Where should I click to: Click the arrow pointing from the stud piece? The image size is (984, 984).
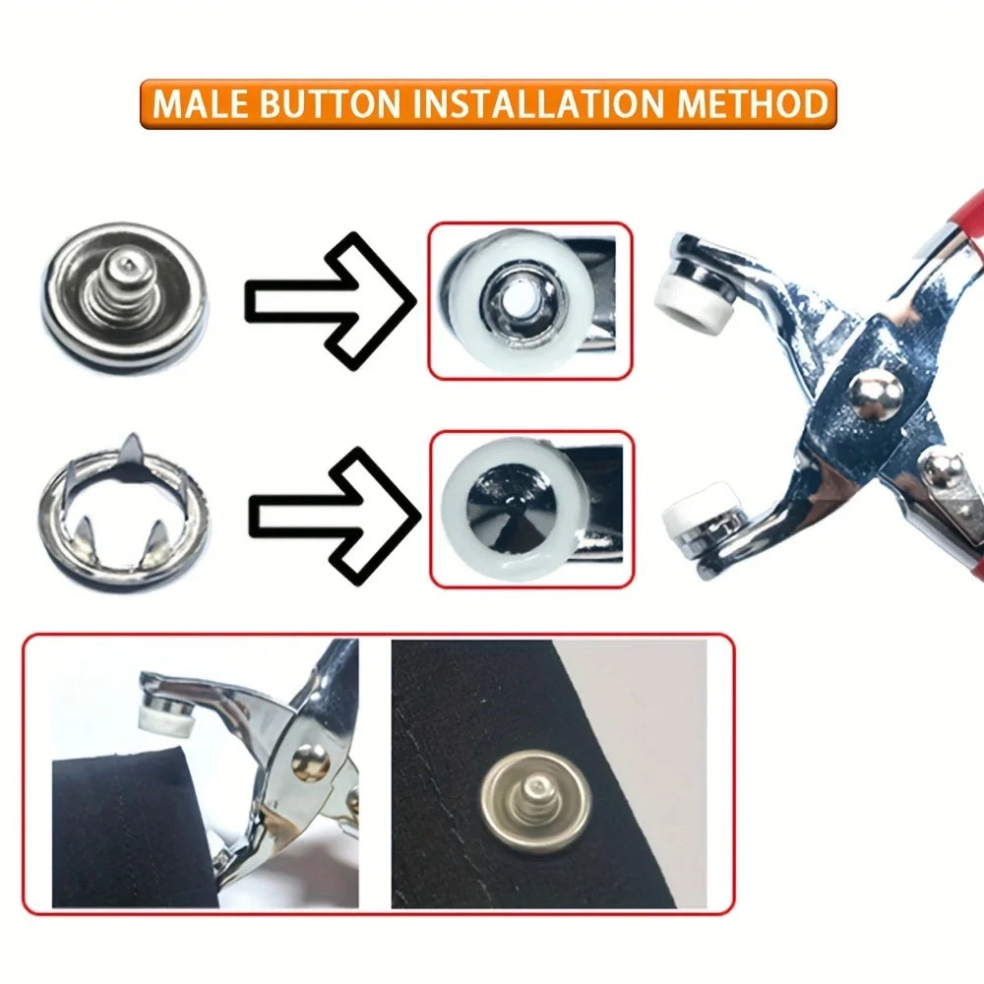(x=330, y=299)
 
